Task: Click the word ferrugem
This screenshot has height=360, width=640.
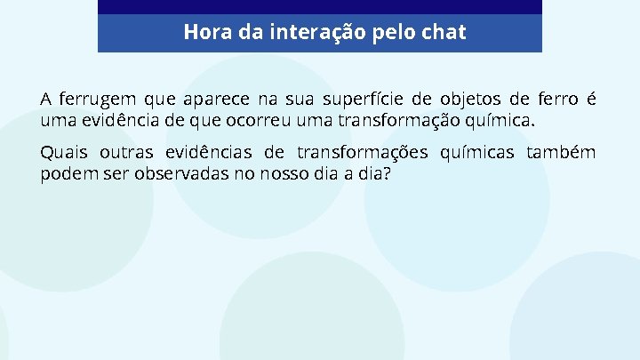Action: point(97,98)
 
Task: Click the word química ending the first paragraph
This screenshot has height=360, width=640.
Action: point(504,119)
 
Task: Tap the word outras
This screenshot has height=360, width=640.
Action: point(125,153)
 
